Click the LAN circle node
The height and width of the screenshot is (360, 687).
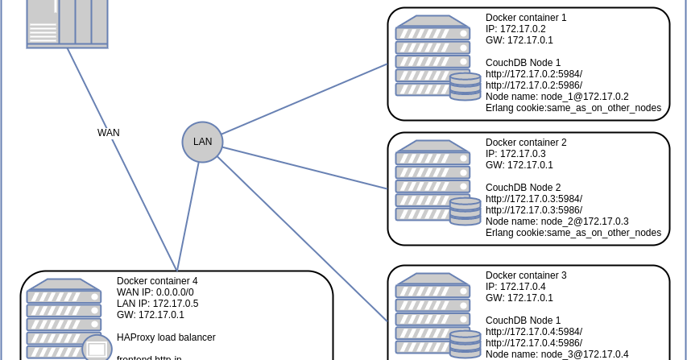pyautogui.click(x=202, y=142)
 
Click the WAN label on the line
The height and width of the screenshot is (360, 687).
pyautogui.click(x=109, y=133)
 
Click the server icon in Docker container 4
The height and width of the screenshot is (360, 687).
pyautogui.click(x=64, y=319)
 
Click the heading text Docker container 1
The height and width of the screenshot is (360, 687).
pyautogui.click(x=526, y=17)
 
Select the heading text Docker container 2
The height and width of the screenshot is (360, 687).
pyautogui.click(x=526, y=142)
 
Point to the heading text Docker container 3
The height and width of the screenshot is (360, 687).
pyautogui.click(x=526, y=275)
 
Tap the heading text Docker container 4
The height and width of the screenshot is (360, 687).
pyautogui.click(x=157, y=281)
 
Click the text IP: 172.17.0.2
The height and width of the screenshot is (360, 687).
pyautogui.click(x=515, y=28)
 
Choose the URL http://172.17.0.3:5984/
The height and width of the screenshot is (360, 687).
pyautogui.click(x=534, y=198)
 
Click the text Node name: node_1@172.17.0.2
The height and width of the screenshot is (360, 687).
pyautogui.click(x=557, y=96)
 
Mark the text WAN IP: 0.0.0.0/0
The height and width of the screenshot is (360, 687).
pyautogui.click(x=155, y=292)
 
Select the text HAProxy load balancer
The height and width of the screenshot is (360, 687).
pyautogui.click(x=166, y=337)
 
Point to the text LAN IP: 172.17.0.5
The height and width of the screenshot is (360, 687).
pyautogui.click(x=157, y=304)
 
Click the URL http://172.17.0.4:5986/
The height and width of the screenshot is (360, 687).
pyautogui.click(x=534, y=342)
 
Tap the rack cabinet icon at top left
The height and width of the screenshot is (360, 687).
pyautogui.click(x=67, y=23)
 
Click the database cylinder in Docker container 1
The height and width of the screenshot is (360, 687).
pyautogui.click(x=465, y=86)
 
